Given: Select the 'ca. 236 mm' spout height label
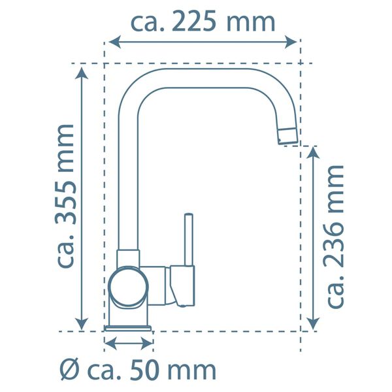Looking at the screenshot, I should (x=335, y=236).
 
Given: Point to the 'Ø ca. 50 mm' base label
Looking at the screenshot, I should (x=137, y=370).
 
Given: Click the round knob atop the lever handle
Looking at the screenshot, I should (x=188, y=216).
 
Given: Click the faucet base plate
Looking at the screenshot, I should (x=129, y=326).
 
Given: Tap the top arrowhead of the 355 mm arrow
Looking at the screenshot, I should (x=82, y=73).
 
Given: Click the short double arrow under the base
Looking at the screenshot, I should (x=129, y=342).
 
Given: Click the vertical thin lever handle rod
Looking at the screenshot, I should (x=188, y=242).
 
